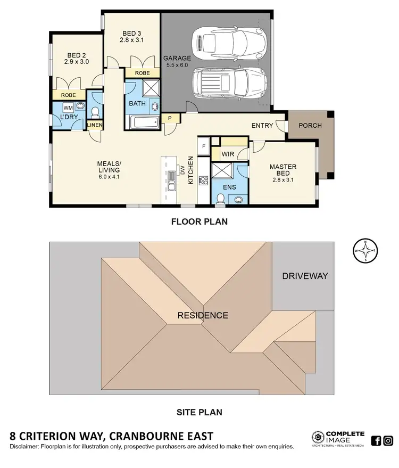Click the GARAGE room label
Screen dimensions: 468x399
click(x=176, y=59)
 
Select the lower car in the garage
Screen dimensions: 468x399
click(x=228, y=83)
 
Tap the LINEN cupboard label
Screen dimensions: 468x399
click(x=95, y=125)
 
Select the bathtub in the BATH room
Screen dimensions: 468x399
click(x=144, y=123)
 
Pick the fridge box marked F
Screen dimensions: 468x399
click(x=203, y=145)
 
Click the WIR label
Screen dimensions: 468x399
click(x=228, y=154)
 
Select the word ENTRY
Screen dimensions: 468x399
click(x=262, y=126)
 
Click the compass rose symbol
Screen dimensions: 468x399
click(x=364, y=250)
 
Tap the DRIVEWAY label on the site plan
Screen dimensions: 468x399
click(x=305, y=276)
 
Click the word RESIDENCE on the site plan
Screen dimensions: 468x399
click(x=203, y=315)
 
